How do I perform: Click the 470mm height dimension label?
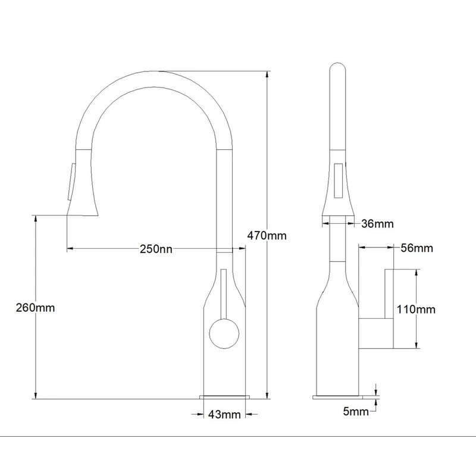click(267, 236)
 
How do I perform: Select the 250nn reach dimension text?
click(156, 249)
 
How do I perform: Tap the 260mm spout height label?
click(35, 308)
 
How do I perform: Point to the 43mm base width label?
click(224, 414)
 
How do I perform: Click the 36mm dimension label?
click(377, 224)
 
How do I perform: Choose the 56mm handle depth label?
click(417, 248)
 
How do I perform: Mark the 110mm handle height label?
click(416, 309)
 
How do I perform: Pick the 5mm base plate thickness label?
click(356, 411)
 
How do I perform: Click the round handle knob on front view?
click(224, 334)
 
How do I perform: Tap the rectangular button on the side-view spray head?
click(339, 180)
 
